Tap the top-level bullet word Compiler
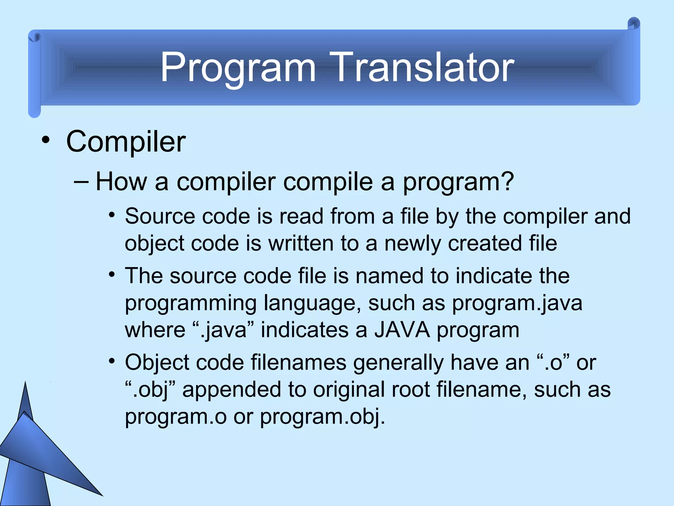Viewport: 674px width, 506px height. (126, 142)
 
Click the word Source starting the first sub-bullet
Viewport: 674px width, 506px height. (160, 216)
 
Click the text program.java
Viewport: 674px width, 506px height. (517, 303)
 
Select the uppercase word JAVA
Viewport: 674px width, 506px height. (402, 330)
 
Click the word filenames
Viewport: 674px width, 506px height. (298, 362)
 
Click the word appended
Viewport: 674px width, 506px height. (231, 389)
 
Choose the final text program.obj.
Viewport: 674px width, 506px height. (322, 416)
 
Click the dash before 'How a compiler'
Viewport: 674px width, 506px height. (81, 182)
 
